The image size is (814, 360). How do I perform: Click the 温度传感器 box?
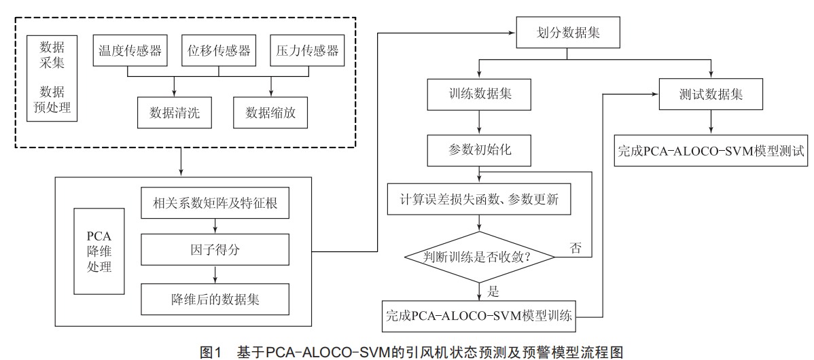tap(130, 50)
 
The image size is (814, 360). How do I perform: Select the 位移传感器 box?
tap(219, 50)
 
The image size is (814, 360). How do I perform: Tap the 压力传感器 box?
tap(307, 50)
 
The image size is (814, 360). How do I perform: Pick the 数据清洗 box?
tap(175, 113)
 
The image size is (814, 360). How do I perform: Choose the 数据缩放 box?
tap(270, 113)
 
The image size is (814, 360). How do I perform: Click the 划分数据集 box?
tap(567, 33)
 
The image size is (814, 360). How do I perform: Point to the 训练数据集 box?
tap(479, 96)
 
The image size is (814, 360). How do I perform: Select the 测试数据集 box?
tap(711, 94)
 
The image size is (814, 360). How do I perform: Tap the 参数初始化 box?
tap(479, 150)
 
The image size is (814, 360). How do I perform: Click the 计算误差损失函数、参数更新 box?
tap(479, 199)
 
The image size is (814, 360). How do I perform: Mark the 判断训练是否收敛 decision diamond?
tap(479, 256)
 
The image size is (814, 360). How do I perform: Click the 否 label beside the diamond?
tap(576, 247)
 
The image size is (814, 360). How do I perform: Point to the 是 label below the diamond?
tap(493, 291)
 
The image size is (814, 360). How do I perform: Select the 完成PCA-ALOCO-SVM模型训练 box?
tap(479, 316)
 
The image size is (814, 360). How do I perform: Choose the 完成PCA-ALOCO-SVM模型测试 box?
tap(711, 150)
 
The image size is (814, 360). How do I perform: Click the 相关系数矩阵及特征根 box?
tap(215, 203)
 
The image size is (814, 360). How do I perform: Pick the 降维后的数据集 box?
tap(215, 299)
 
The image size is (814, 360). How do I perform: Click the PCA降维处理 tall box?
tap(99, 251)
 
